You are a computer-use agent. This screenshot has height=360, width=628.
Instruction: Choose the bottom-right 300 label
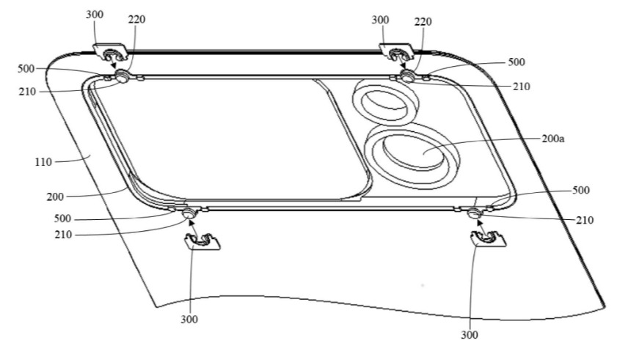470,334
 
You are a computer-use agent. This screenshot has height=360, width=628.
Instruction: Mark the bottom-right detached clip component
485,237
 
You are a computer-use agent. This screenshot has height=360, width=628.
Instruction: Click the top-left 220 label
135,20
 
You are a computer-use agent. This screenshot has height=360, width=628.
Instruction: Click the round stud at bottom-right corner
473,213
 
